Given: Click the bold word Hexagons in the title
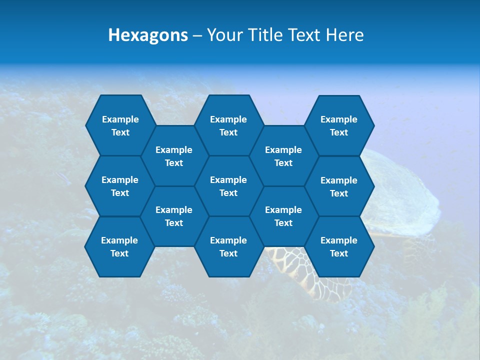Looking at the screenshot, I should tap(148, 35).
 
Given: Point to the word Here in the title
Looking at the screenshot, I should tap(344, 35).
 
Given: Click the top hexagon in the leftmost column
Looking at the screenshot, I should tap(120, 125).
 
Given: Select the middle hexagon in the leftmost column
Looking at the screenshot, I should tap(120, 186).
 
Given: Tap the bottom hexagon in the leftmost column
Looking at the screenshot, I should tap(119, 246).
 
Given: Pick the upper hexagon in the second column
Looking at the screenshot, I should tap(174, 156).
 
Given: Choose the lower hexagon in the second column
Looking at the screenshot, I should tap(174, 216).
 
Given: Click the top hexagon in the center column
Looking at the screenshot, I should tap(228, 125).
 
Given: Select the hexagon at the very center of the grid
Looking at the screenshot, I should tap(228, 186).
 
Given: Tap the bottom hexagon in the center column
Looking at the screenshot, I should tap(228, 246).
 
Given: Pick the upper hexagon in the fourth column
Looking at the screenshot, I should tap(283, 156).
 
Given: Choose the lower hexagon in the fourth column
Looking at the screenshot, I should tap(283, 216).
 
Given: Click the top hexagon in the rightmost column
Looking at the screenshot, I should tap(339, 125).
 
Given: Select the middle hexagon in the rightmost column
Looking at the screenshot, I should tap(339, 186).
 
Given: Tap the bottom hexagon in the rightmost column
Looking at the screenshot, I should tap(339, 246).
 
